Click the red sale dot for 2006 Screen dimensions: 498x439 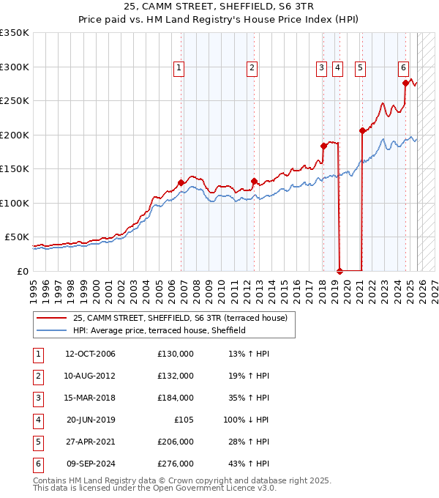pyautogui.click(x=181, y=182)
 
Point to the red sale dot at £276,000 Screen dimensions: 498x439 pyautogui.click(x=405, y=83)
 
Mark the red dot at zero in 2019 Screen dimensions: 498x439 pyautogui.click(x=339, y=271)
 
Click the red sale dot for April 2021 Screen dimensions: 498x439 pyautogui.click(x=362, y=131)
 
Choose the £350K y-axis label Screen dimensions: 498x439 pyautogui.click(x=15, y=33)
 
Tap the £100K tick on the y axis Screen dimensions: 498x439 pyautogui.click(x=15, y=203)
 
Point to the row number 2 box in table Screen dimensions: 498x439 pyautogui.click(x=37, y=376)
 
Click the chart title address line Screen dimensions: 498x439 pyautogui.click(x=219, y=7)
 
